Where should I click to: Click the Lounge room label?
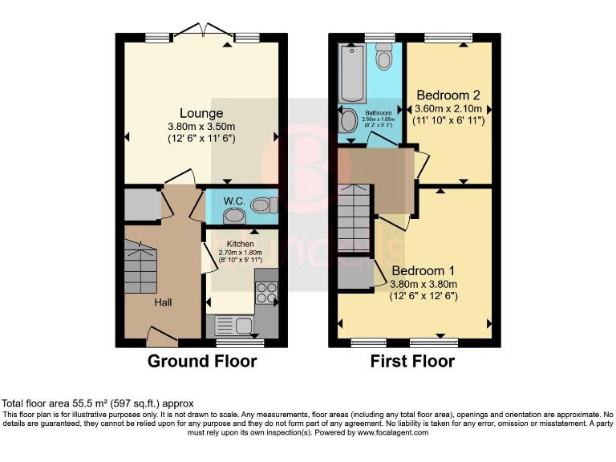pos(201,113)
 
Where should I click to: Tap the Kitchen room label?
pos(240,244)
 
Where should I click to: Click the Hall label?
pos(163,302)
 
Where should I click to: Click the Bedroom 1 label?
pos(423,270)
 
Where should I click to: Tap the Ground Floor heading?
pos(202,362)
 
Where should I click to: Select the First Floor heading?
pos(412,362)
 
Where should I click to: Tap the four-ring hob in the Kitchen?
pos(265,294)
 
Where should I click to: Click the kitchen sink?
pos(231,326)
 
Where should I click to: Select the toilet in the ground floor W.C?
pos(261,205)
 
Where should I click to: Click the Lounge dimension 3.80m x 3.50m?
pos(201,126)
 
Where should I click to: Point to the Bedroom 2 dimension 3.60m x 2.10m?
pos(448,109)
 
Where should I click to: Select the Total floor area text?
pos(97,403)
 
